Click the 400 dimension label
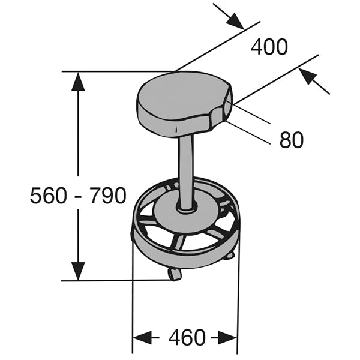pos(269,46)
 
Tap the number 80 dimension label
pos(292,140)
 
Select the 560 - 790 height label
pos(78,196)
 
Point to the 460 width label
pos(187,337)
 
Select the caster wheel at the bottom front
pos(175,274)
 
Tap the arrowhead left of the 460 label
pos(142,337)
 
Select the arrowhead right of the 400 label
pos(310,78)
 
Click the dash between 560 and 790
pos(78,196)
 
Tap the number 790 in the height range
pos(107,196)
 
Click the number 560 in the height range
pos(49,196)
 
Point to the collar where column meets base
pos(187,208)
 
